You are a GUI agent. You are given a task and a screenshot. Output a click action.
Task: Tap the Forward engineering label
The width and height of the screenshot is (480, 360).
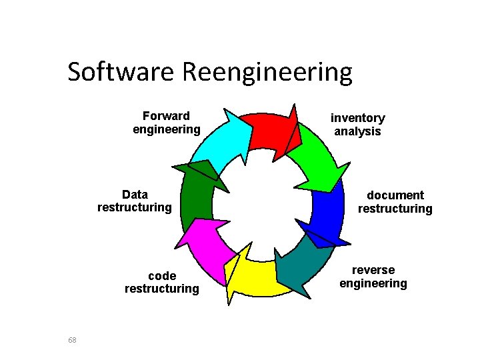click(x=166, y=123)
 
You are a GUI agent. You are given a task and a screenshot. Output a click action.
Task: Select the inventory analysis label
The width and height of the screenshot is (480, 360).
click(x=358, y=125)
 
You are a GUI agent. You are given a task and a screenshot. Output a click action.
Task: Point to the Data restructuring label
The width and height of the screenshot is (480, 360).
click(x=135, y=201)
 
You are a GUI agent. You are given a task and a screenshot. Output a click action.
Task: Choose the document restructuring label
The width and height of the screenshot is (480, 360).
click(x=395, y=202)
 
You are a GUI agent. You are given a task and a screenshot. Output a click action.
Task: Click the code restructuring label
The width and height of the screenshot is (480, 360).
click(x=161, y=282)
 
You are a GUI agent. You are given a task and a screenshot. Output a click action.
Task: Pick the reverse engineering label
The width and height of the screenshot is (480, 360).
click(x=373, y=277)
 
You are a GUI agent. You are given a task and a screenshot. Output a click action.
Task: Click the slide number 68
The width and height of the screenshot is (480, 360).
click(x=73, y=340)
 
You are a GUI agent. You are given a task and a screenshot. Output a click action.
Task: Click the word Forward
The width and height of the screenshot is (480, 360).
click(x=166, y=116)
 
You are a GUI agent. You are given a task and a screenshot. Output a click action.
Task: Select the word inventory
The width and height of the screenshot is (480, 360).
click(x=358, y=118)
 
